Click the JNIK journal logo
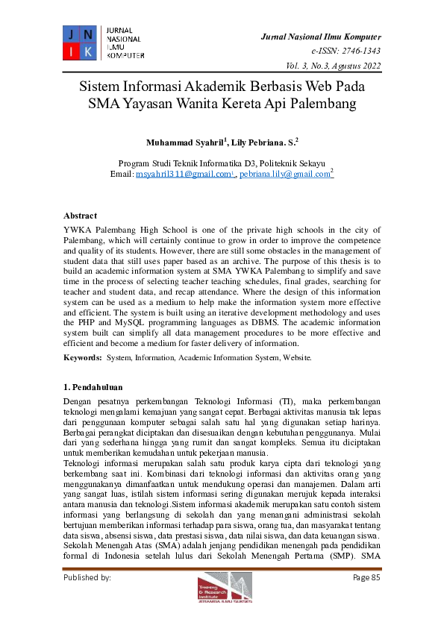78,42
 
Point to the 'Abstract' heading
80,216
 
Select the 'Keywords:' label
82,358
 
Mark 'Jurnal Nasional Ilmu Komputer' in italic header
321,37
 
